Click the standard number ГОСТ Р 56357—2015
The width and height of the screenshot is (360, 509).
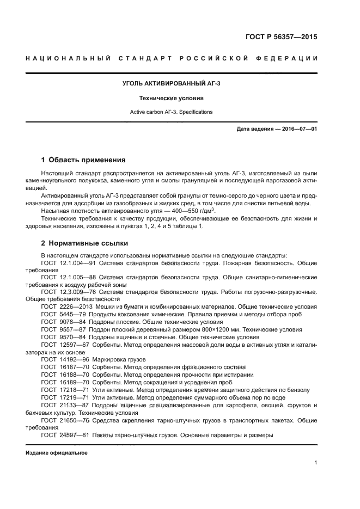point(283,38)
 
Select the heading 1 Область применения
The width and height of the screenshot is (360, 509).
point(83,160)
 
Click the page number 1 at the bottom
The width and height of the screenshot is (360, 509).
point(315,463)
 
